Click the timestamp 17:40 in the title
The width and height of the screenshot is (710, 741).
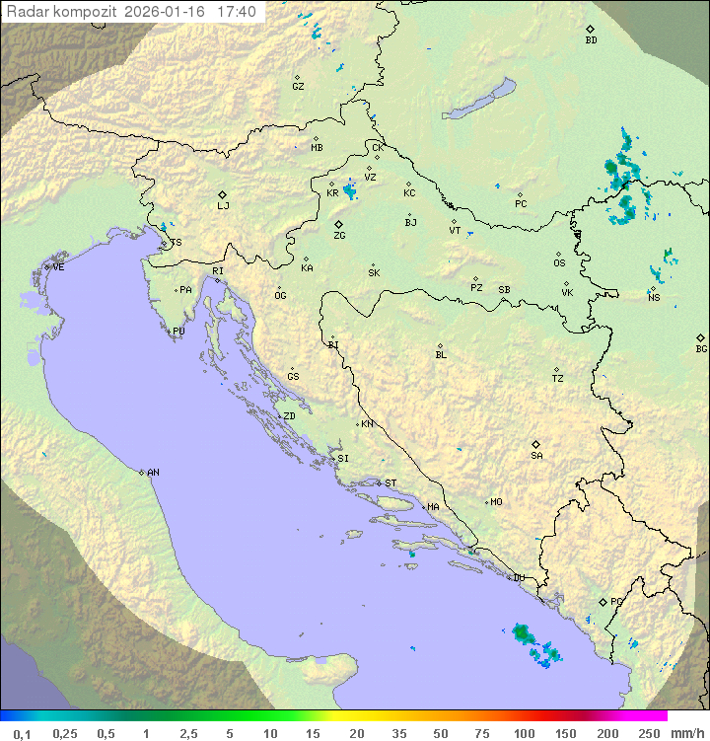point(237,12)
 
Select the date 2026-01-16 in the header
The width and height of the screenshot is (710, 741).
point(167,12)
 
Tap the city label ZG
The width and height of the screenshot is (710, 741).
point(339,236)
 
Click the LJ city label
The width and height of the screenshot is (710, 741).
point(223,205)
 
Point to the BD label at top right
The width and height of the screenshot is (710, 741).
point(591,40)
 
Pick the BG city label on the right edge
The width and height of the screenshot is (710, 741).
point(701,348)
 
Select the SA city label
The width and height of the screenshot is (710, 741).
point(536,455)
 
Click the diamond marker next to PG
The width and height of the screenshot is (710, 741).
point(603,601)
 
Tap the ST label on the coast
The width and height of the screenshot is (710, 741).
point(390,483)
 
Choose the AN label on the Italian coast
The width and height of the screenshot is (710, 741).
point(153,473)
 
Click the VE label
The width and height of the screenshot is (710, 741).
point(58,267)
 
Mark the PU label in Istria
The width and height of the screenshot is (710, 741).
point(178,332)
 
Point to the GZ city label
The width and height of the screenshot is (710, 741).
point(298,87)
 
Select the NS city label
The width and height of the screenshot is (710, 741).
point(654,297)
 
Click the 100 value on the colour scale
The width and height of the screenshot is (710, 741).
point(524,733)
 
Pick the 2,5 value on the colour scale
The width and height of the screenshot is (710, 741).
point(187,733)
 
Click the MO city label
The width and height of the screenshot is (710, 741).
point(496,502)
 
